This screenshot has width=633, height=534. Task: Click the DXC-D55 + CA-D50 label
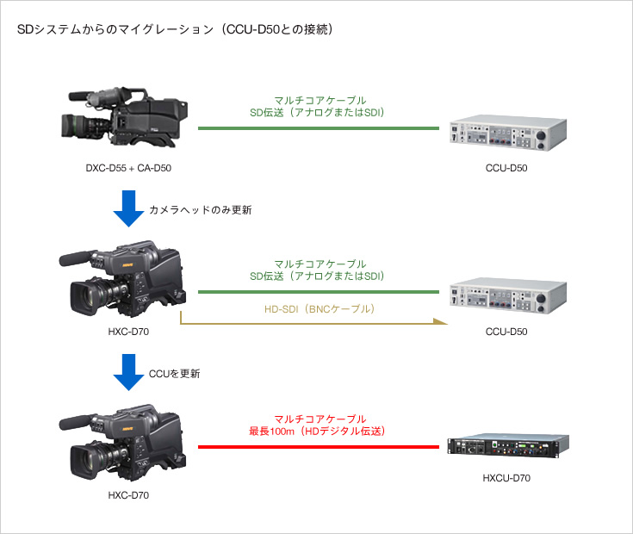pos(128,168)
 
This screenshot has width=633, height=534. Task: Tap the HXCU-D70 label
pos(506,478)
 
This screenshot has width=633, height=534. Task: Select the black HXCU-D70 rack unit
pos(508,445)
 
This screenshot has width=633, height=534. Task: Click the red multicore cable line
pos(319,447)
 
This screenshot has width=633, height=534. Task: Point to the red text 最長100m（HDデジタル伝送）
pos(317,431)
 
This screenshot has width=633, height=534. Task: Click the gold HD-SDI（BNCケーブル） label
pos(320,309)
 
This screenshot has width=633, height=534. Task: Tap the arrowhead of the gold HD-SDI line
pos(442,321)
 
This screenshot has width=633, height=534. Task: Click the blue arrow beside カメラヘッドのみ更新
pos(128,208)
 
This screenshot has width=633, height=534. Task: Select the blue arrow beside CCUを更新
pos(128,372)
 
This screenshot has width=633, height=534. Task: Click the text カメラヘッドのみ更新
pos(200,210)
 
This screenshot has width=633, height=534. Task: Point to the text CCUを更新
pos(174,374)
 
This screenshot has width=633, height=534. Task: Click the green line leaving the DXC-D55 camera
pos(319,128)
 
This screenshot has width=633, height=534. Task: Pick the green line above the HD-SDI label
pos(319,292)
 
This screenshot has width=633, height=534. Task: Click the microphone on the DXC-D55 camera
pos(80,96)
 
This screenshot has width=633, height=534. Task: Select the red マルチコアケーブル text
pos(320,419)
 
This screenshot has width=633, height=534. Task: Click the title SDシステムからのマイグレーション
pos(115,29)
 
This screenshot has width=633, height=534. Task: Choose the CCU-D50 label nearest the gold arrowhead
pos(506,332)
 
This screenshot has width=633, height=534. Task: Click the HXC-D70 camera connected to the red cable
pos(122,442)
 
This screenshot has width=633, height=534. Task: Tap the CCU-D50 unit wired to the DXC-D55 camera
pos(508,133)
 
